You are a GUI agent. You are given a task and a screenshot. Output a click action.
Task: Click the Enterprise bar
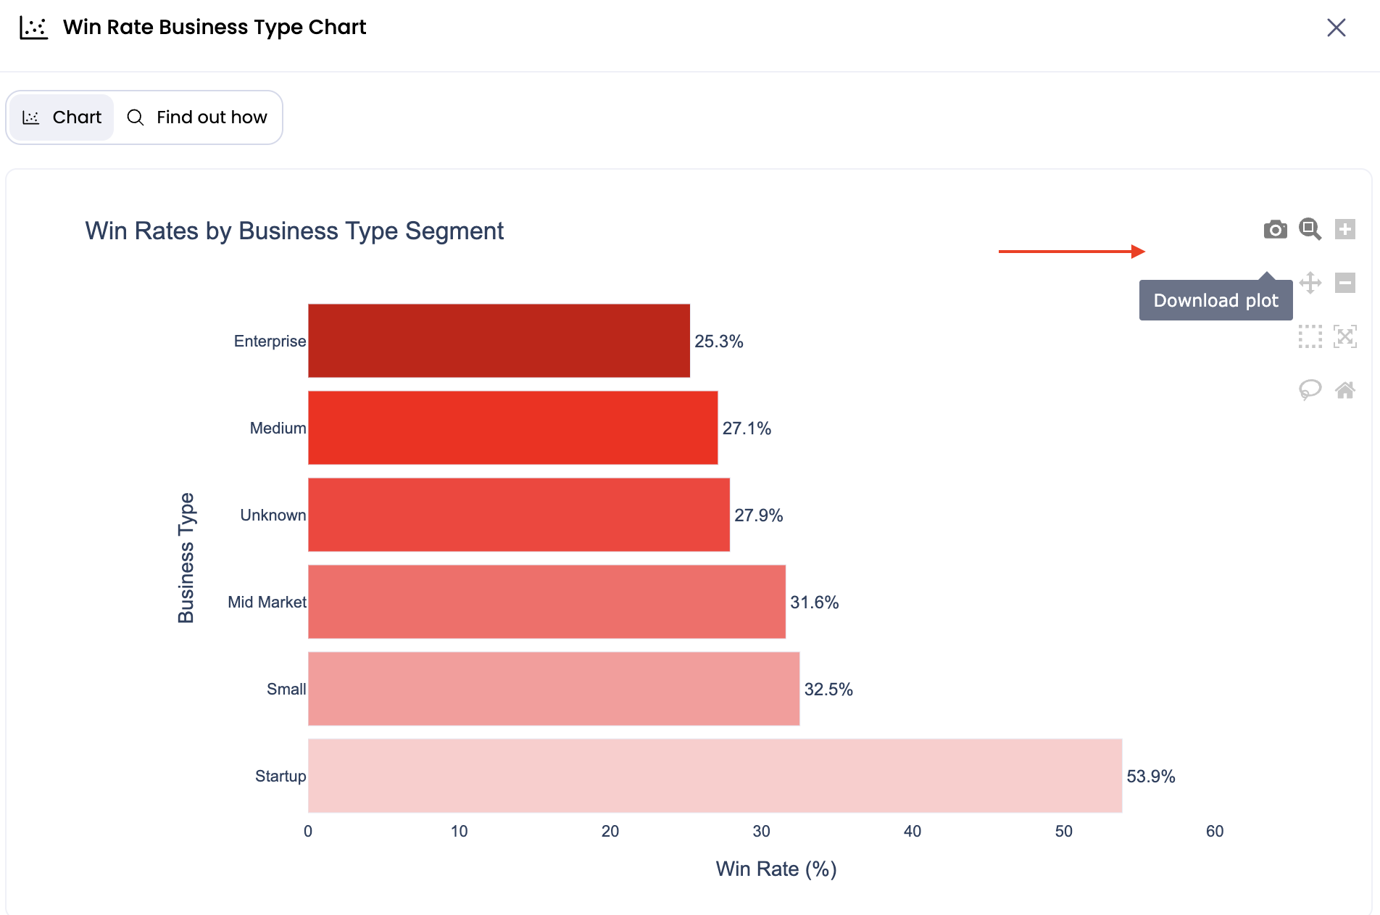coord(499,341)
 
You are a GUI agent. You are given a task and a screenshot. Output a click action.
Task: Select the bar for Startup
coord(715,776)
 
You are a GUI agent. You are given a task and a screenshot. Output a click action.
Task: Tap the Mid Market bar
coord(546,602)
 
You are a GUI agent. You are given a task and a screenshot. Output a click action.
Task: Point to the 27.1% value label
coord(747,428)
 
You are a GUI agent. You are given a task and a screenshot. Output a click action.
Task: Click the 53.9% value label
coord(1150,777)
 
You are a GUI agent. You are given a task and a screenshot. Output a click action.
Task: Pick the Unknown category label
coord(273,516)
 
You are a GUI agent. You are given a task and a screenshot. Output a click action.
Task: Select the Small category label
coord(286,690)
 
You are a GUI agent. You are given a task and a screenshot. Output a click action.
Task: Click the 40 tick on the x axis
coord(913,832)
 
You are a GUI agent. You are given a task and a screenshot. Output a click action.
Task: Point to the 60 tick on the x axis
coord(1215,832)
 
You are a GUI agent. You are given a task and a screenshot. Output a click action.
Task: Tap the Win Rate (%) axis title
coord(776,869)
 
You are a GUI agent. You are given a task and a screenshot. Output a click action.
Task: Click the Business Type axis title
coord(186,558)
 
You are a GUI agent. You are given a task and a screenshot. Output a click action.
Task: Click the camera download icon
coord(1275,230)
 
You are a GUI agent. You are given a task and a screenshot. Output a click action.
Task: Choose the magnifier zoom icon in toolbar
coord(1310,230)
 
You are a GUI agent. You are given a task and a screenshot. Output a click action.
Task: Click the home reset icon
coord(1345,391)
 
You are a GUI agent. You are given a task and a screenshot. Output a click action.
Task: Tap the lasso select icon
coord(1310,391)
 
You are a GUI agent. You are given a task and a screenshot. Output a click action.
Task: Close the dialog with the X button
coord(1336,28)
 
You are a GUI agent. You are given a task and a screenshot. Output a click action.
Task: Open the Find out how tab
coord(197,117)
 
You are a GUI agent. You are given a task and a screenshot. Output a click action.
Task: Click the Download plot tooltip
coord(1215,300)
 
